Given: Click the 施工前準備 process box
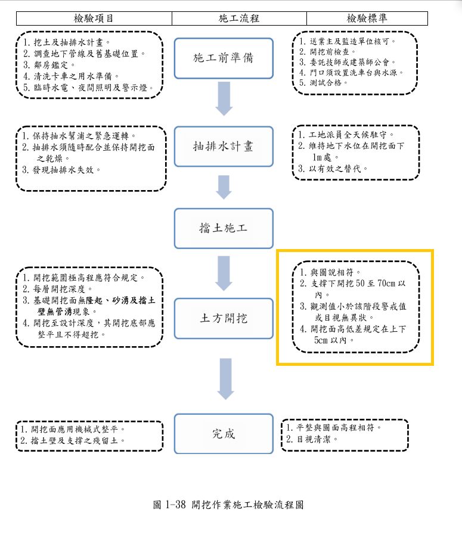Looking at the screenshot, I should (224, 59).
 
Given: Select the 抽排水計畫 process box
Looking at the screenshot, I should (224, 146).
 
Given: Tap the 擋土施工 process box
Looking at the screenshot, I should (224, 228).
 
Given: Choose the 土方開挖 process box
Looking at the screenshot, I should (224, 318).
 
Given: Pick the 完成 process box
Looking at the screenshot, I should (224, 433).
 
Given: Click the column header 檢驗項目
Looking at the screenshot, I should (94, 18).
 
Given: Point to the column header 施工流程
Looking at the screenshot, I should (239, 18).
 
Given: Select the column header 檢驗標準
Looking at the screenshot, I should (367, 18).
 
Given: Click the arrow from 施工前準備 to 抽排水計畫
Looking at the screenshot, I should (224, 98).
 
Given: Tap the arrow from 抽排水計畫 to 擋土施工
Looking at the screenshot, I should (224, 186).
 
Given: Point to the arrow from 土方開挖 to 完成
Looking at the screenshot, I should (224, 378).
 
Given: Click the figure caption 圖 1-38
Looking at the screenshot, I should (229, 505).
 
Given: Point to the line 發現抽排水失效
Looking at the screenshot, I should (61, 170).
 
